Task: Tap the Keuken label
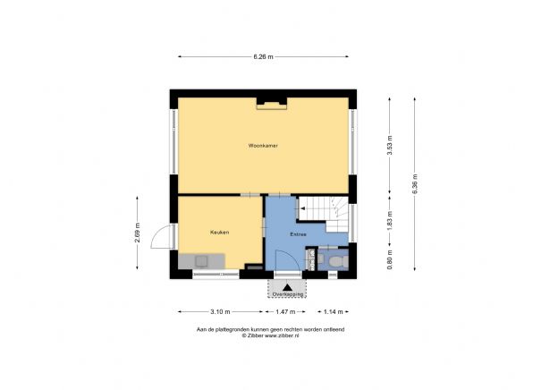click(220, 233)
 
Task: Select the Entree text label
click(298, 234)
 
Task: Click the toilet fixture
click(335, 260)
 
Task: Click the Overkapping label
click(287, 293)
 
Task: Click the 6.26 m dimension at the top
click(262, 56)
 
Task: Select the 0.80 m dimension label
click(389, 263)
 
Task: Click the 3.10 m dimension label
click(221, 312)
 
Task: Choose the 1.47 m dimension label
click(287, 312)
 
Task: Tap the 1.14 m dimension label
click(332, 312)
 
